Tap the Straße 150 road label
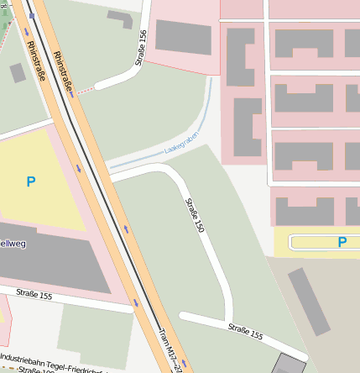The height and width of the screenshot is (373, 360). [195, 215]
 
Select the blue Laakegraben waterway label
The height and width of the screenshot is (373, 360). [181, 148]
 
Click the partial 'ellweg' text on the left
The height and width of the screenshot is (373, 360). [13, 244]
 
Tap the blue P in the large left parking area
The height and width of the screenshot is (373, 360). [31, 181]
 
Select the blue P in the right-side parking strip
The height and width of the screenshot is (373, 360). [342, 242]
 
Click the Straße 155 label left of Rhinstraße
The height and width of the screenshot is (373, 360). [34, 295]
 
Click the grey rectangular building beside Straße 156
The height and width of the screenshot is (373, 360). [184, 38]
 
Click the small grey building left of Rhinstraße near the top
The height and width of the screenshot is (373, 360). [18, 73]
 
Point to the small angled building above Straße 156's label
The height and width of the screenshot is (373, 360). [119, 19]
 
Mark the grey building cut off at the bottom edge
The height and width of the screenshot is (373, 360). [290, 365]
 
